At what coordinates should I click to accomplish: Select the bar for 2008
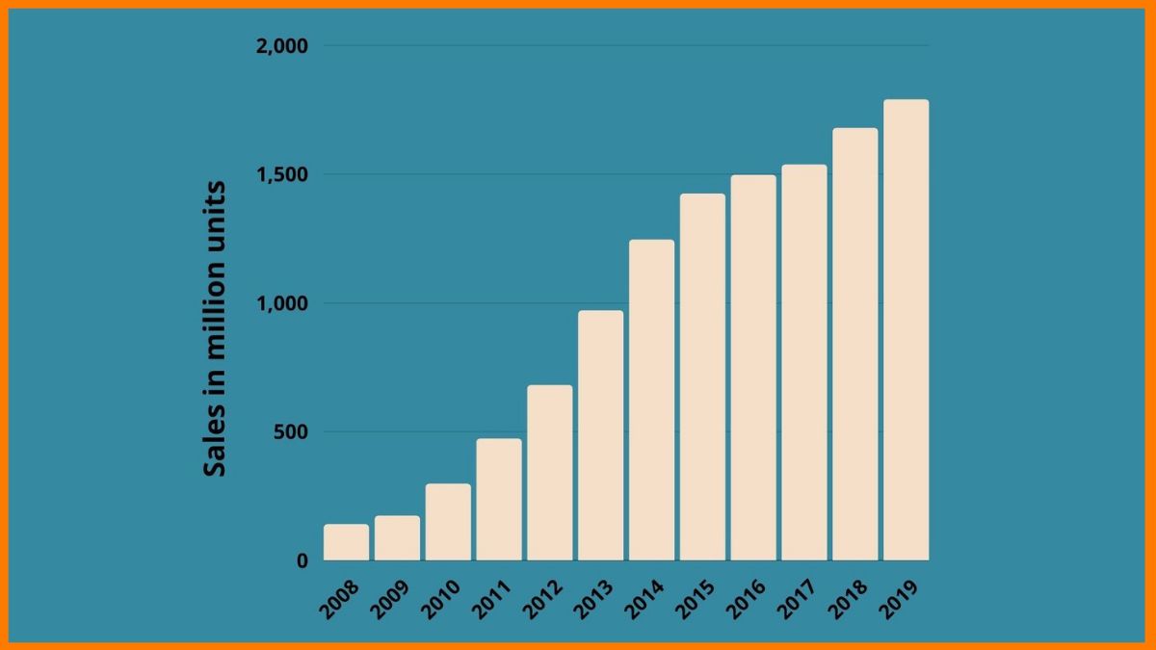tap(346, 542)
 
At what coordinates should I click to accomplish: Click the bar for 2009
tap(397, 538)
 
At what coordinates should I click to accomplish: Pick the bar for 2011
tap(499, 500)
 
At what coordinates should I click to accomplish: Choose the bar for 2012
tap(549, 473)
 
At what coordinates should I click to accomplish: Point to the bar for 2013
tap(600, 435)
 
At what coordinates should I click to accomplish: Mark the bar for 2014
tap(651, 400)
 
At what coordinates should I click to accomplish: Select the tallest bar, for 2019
tap(906, 330)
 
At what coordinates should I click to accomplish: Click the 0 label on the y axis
tap(302, 560)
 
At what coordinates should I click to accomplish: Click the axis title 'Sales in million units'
tap(216, 327)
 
